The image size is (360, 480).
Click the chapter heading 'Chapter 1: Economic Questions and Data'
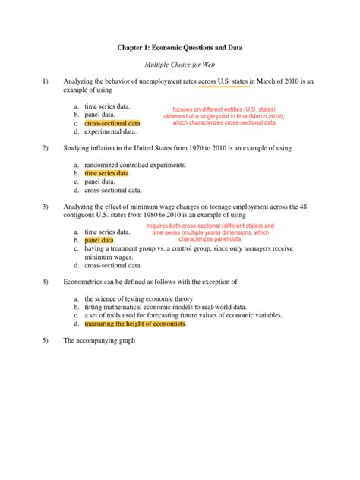pos(179,48)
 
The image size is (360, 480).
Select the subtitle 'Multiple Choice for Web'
pos(180,66)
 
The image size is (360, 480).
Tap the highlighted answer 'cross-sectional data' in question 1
pos(112,122)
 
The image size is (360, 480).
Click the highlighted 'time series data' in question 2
pos(106,173)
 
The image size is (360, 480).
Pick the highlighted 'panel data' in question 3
pos(99,240)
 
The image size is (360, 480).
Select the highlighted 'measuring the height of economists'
pos(135,323)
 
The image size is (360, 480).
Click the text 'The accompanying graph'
pos(99,340)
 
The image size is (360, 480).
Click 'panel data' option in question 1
pos(99,114)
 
